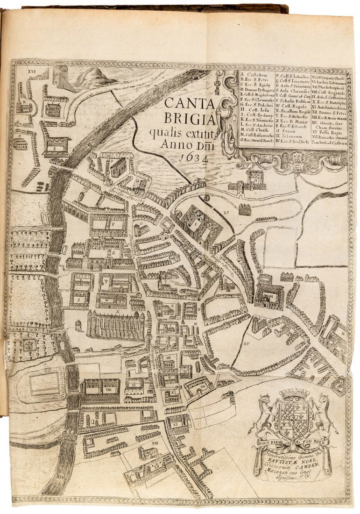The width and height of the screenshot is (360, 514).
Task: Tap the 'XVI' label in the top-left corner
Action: tap(32, 71)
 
